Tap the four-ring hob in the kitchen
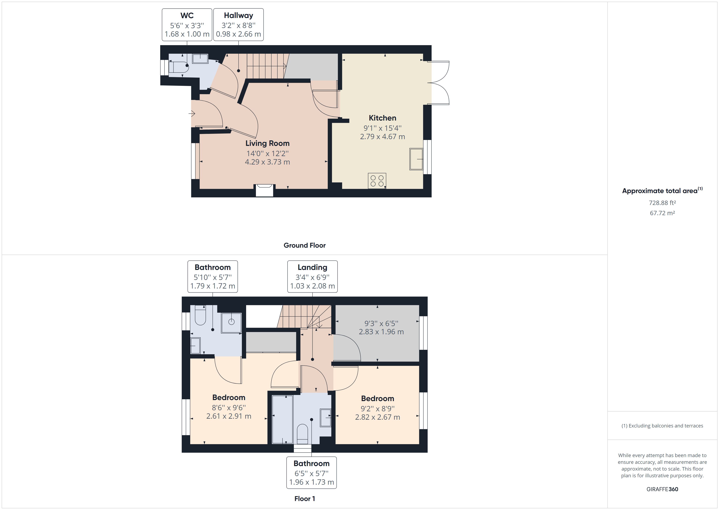(x=377, y=181)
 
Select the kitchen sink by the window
(x=416, y=159)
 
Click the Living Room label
(x=267, y=143)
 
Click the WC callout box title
(x=187, y=15)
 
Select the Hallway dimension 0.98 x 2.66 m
(x=238, y=34)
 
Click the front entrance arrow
(x=192, y=113)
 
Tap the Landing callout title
(x=312, y=267)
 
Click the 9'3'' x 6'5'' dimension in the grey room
(x=381, y=323)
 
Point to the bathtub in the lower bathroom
(x=282, y=419)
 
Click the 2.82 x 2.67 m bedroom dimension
(x=377, y=417)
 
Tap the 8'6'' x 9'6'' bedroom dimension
(x=229, y=408)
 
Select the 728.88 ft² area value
(x=662, y=203)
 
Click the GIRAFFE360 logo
(x=662, y=489)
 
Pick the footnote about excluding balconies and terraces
(x=662, y=426)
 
